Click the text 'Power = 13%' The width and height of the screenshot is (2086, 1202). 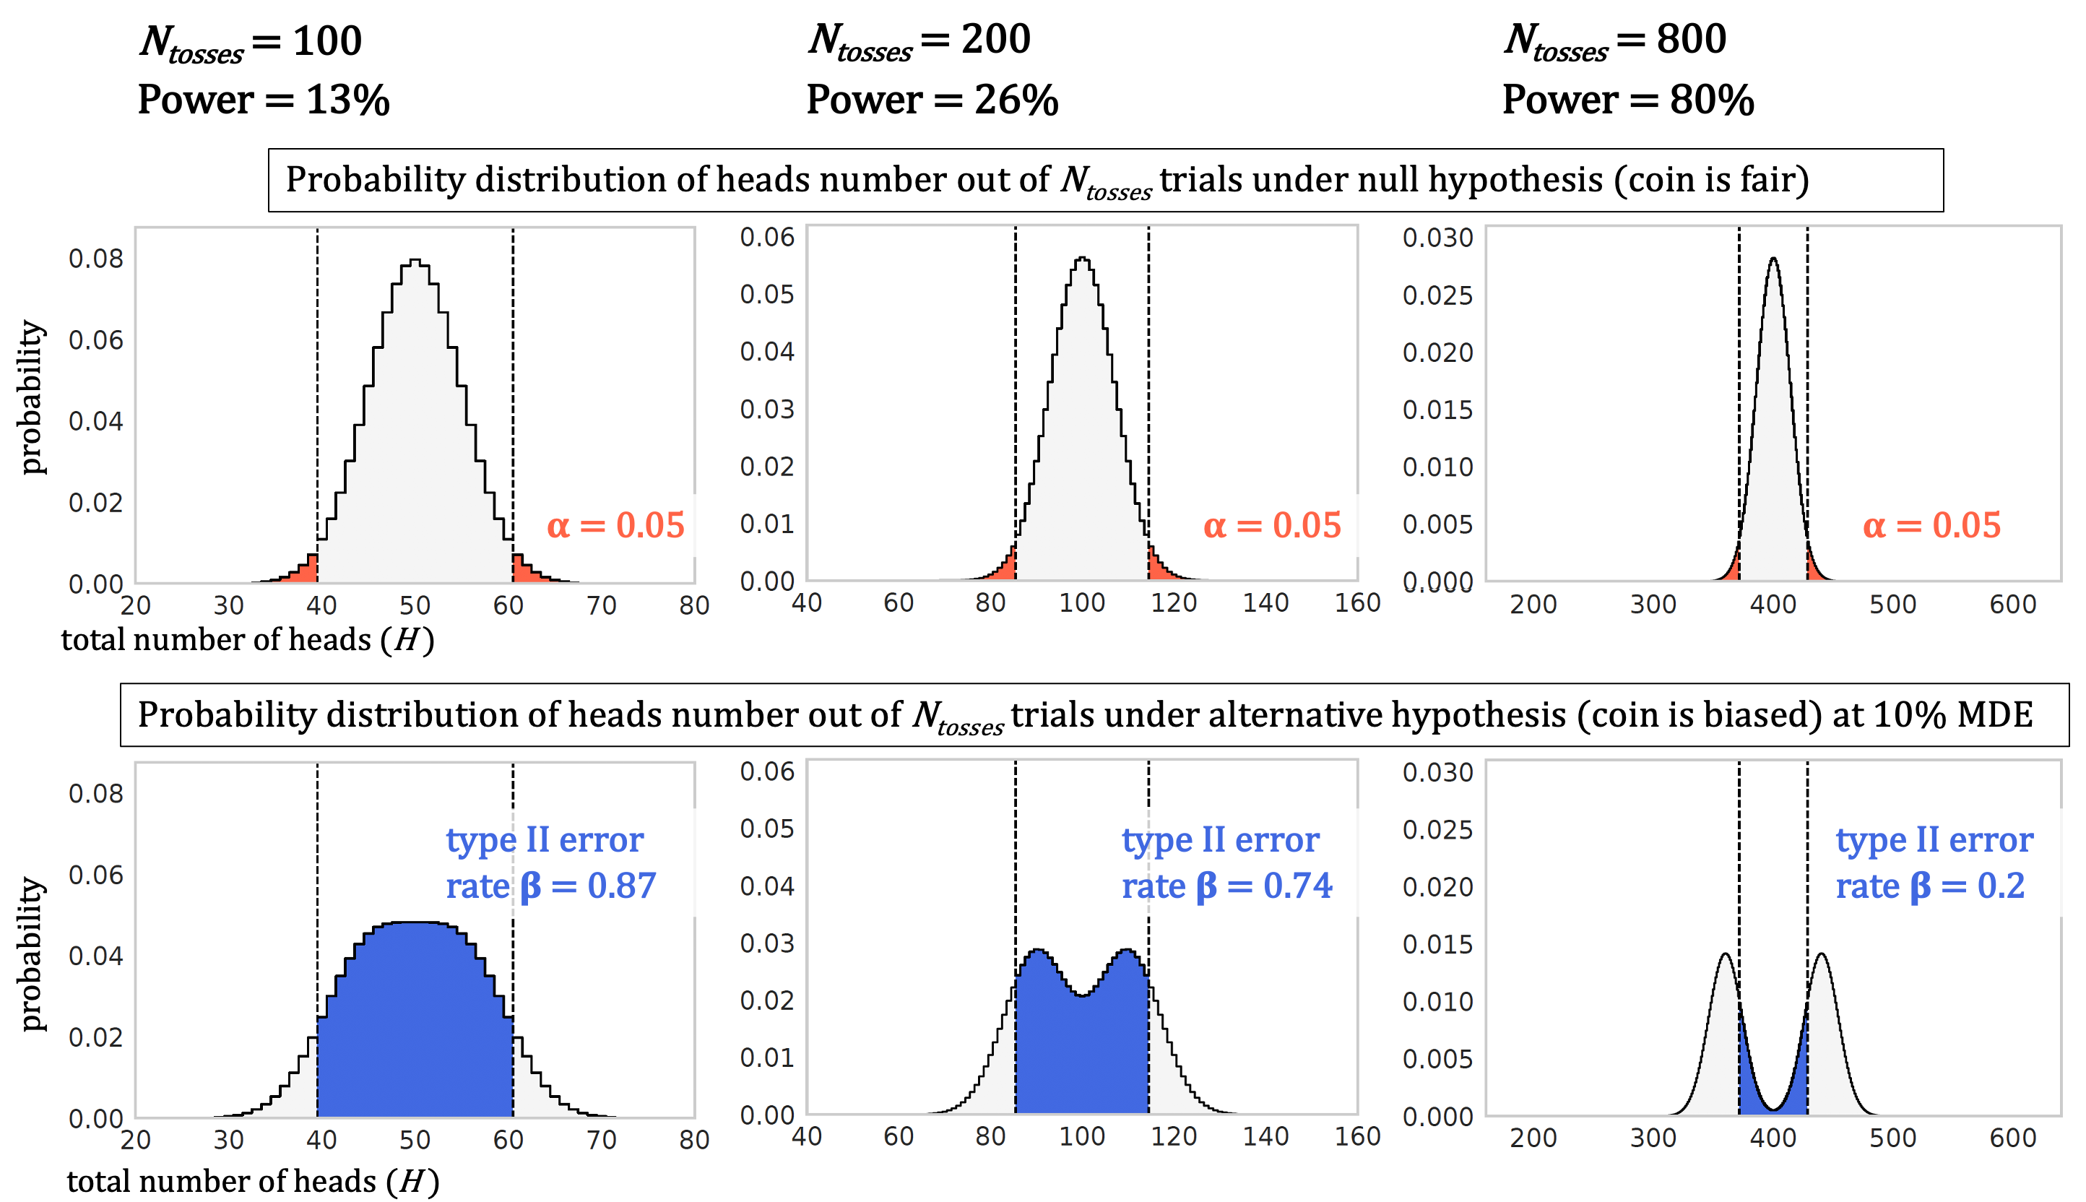[264, 100]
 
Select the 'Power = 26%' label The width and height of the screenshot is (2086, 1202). [932, 100]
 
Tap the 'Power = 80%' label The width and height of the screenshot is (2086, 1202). [1628, 100]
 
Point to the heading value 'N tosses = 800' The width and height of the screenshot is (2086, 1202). [1614, 40]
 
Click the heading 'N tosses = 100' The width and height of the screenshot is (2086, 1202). [251, 41]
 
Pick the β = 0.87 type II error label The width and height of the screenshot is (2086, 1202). [550, 862]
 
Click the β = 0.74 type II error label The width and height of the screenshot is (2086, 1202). [1226, 862]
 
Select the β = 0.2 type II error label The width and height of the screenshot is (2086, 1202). [1934, 862]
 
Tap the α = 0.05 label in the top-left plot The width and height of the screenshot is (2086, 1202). [616, 525]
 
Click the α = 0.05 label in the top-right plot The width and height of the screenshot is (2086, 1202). [1931, 525]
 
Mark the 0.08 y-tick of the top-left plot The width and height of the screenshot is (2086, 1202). [96, 259]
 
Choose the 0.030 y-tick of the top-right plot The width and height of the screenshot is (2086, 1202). [1437, 238]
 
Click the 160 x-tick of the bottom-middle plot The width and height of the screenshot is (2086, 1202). [1357, 1137]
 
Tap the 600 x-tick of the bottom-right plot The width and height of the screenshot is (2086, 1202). [2012, 1138]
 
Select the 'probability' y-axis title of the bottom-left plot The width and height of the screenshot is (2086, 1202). [31, 954]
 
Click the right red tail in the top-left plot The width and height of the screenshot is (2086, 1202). [525, 571]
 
